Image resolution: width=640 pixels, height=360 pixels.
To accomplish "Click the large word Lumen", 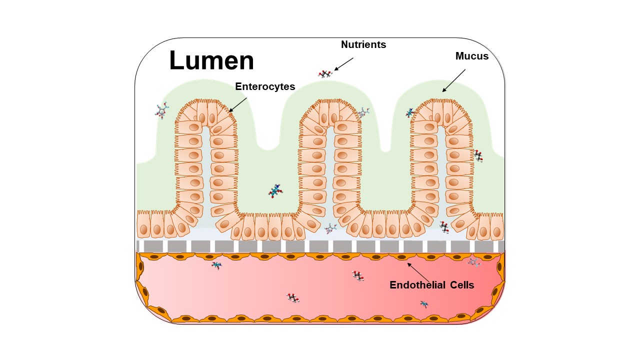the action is coord(211,60).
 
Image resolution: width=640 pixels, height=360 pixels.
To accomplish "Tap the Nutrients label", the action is coord(363,44).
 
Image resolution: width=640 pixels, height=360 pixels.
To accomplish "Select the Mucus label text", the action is coord(472,56).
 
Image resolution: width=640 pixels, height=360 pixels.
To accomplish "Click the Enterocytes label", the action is coord(265,86).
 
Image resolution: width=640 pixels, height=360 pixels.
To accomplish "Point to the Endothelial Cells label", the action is coord(431,285).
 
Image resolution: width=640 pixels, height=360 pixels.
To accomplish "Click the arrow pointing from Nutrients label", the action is coord(343,64).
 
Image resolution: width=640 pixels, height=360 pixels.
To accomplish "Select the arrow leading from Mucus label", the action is coord(453,80).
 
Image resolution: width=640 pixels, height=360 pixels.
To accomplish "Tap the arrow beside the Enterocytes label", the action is coord(237,105).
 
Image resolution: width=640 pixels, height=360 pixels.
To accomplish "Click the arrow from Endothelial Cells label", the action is coord(418,272).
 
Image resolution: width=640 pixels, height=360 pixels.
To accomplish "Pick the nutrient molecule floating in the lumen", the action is coord(325,73).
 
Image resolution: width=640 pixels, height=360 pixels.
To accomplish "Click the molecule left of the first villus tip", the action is coord(162,111).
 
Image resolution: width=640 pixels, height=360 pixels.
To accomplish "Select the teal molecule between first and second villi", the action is coord(275,191).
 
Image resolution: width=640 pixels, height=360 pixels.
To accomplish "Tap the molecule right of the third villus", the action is coord(478,155).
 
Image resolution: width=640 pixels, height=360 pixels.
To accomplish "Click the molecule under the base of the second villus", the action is coord(330,228).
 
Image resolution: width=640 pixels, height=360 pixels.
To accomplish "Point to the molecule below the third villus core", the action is coord(444,227).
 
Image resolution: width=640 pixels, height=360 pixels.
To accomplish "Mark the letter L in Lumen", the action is coord(176,60).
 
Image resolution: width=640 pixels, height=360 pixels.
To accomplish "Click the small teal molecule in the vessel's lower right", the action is coord(424,304).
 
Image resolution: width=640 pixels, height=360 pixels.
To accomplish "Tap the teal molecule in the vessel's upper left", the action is coord(216,265).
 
